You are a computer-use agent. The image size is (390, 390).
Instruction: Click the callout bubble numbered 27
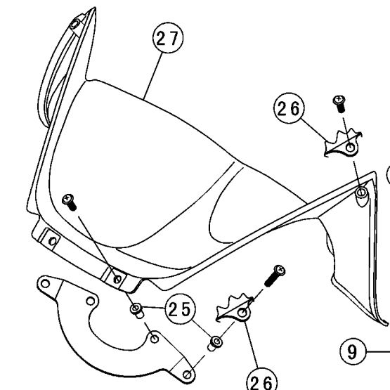pos(168,38)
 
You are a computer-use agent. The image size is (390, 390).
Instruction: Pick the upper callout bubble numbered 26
pos(289,108)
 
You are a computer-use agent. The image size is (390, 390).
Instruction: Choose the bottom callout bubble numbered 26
pos(261,381)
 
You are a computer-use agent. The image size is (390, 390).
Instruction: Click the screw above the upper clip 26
pos(339,103)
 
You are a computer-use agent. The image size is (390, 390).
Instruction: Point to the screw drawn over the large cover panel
pos(69,202)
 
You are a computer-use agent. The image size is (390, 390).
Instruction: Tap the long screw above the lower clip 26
pos(275,275)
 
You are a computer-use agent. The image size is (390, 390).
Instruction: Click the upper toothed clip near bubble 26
pos(343,143)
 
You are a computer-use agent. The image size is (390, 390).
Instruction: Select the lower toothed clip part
pos(235,308)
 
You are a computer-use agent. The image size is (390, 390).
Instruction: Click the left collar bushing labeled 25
pos(136,310)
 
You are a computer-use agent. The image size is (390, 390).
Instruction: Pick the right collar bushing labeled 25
pos(215,343)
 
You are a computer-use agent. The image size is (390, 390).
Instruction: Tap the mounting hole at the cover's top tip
pos(75,24)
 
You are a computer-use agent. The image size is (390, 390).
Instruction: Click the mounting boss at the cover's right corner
pos(361,193)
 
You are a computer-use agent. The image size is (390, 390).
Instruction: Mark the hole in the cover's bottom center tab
pos(117,279)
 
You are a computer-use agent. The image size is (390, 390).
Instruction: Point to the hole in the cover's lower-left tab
pos(53,241)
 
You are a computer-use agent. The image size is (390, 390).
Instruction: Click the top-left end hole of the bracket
pos(45,283)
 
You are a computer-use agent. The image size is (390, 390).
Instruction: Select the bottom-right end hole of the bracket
pos(187,375)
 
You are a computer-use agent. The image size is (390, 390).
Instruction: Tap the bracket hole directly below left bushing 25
pos(155,339)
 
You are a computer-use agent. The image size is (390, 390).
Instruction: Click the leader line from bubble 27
pos(152,76)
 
